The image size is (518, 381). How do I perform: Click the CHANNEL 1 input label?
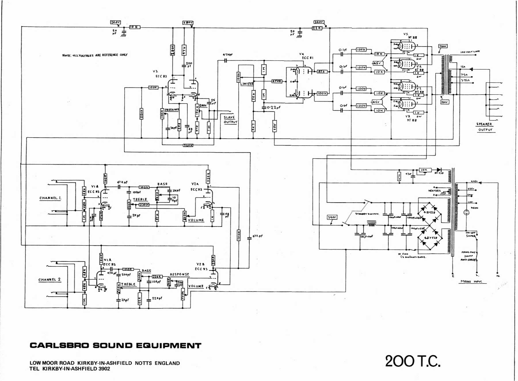[50, 198]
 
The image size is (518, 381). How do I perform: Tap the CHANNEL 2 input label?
[49, 280]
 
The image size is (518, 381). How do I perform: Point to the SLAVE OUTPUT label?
[230, 120]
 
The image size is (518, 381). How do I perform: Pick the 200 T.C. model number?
[413, 361]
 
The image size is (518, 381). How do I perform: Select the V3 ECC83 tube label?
[158, 74]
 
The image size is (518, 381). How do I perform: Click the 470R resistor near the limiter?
[277, 81]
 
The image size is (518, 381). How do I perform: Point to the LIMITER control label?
[247, 84]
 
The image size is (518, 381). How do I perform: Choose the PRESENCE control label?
[172, 110]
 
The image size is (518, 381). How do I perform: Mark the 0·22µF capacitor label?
[273, 107]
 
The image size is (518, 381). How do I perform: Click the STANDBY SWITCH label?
[367, 214]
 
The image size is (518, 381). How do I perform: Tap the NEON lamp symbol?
[466, 213]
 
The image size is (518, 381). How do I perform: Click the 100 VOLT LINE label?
[470, 52]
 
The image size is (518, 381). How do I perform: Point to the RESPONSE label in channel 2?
[179, 275]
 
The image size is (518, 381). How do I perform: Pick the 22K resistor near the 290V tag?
[317, 28]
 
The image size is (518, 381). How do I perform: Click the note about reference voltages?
[95, 55]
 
